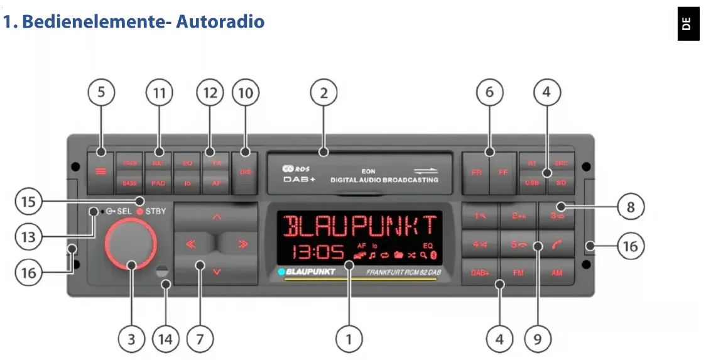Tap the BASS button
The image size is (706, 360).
point(129,183)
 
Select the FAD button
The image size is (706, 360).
point(158,183)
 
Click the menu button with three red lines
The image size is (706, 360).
point(101,172)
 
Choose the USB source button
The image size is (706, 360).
point(531,183)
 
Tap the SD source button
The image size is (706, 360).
point(560,183)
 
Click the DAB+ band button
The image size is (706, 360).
point(480,273)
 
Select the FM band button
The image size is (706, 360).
point(518,273)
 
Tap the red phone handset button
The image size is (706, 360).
point(557,244)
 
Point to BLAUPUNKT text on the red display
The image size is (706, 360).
point(360,226)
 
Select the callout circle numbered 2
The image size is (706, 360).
point(323,94)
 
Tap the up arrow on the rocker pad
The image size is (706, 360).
point(217,217)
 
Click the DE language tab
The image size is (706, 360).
point(688,24)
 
